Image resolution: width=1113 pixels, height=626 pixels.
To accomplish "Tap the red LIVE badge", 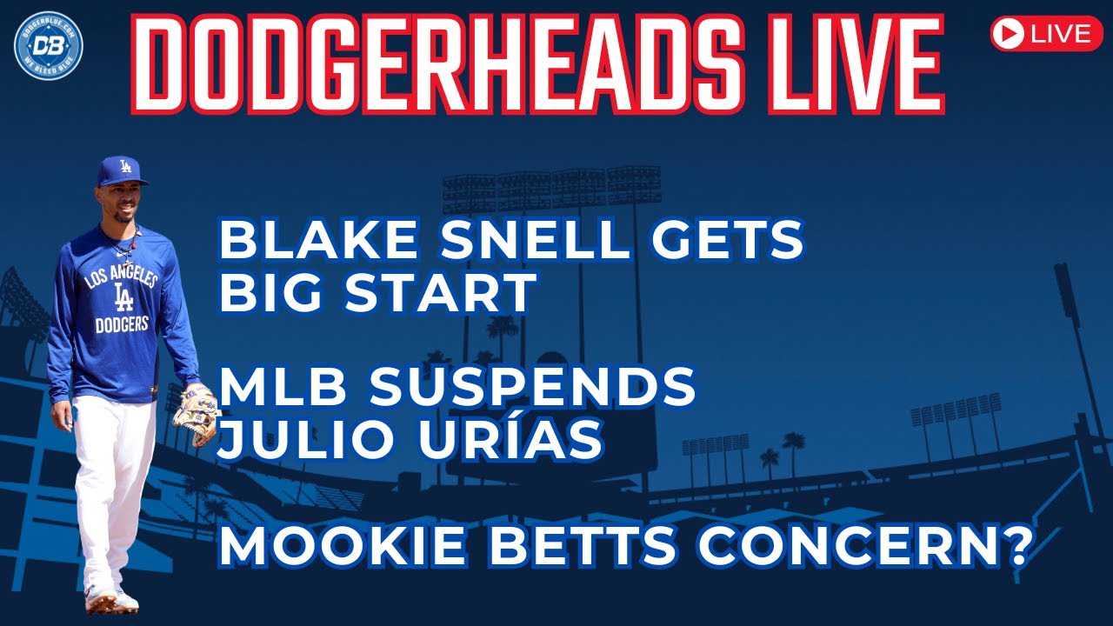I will (x=1046, y=34).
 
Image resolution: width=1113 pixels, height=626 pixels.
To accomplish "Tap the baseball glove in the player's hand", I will (x=196, y=413).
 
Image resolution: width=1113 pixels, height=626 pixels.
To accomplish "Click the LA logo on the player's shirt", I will (x=123, y=298).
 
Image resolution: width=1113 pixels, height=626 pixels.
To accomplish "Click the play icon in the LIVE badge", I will (x=1009, y=34).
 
